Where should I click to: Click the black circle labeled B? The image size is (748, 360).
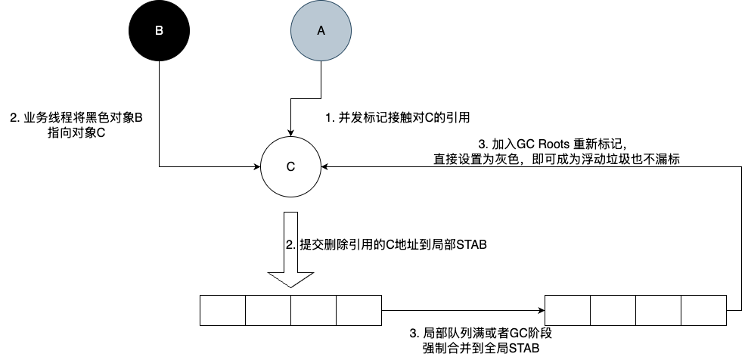point(159,31)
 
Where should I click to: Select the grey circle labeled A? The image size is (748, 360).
point(321,31)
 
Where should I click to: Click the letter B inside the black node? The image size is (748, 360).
point(159,31)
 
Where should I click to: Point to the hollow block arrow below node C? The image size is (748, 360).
point(290,250)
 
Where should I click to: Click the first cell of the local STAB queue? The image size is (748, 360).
point(223,310)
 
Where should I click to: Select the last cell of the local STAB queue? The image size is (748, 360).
point(359,310)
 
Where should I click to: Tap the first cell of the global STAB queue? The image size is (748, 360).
point(567,310)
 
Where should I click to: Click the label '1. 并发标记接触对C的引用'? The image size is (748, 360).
point(399,118)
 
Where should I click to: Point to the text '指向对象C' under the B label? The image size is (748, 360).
point(75,133)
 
